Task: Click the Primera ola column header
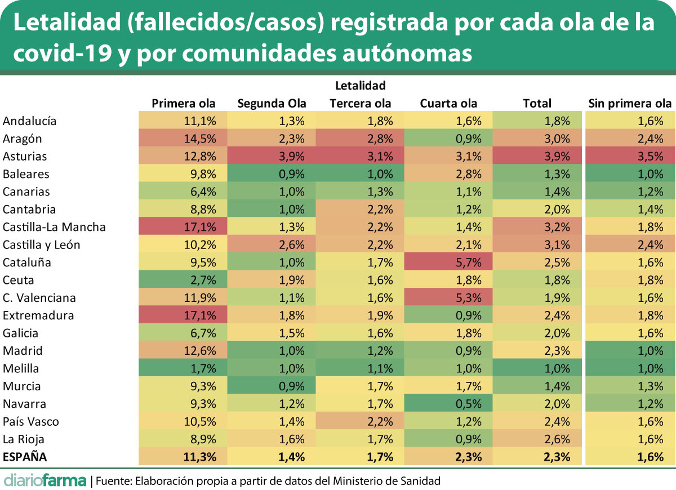tap(184, 103)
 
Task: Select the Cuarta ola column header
tap(448, 103)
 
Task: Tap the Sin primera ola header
tap(630, 103)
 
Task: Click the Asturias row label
tap(25, 156)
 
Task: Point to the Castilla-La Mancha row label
tap(54, 227)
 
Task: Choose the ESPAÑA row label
tap(25, 457)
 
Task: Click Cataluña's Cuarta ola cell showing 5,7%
tap(449, 262)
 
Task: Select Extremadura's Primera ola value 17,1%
tap(183, 315)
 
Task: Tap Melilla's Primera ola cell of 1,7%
tap(183, 368)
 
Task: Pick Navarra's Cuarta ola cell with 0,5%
tap(449, 404)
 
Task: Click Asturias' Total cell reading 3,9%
tap(537, 156)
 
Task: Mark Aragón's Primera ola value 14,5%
tap(183, 139)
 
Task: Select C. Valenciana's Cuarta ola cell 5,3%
tap(449, 298)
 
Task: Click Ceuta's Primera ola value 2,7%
tap(183, 280)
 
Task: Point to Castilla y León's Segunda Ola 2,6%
tap(272, 244)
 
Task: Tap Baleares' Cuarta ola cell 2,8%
tap(449, 174)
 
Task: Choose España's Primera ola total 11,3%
tap(183, 457)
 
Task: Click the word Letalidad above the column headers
tap(360, 86)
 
